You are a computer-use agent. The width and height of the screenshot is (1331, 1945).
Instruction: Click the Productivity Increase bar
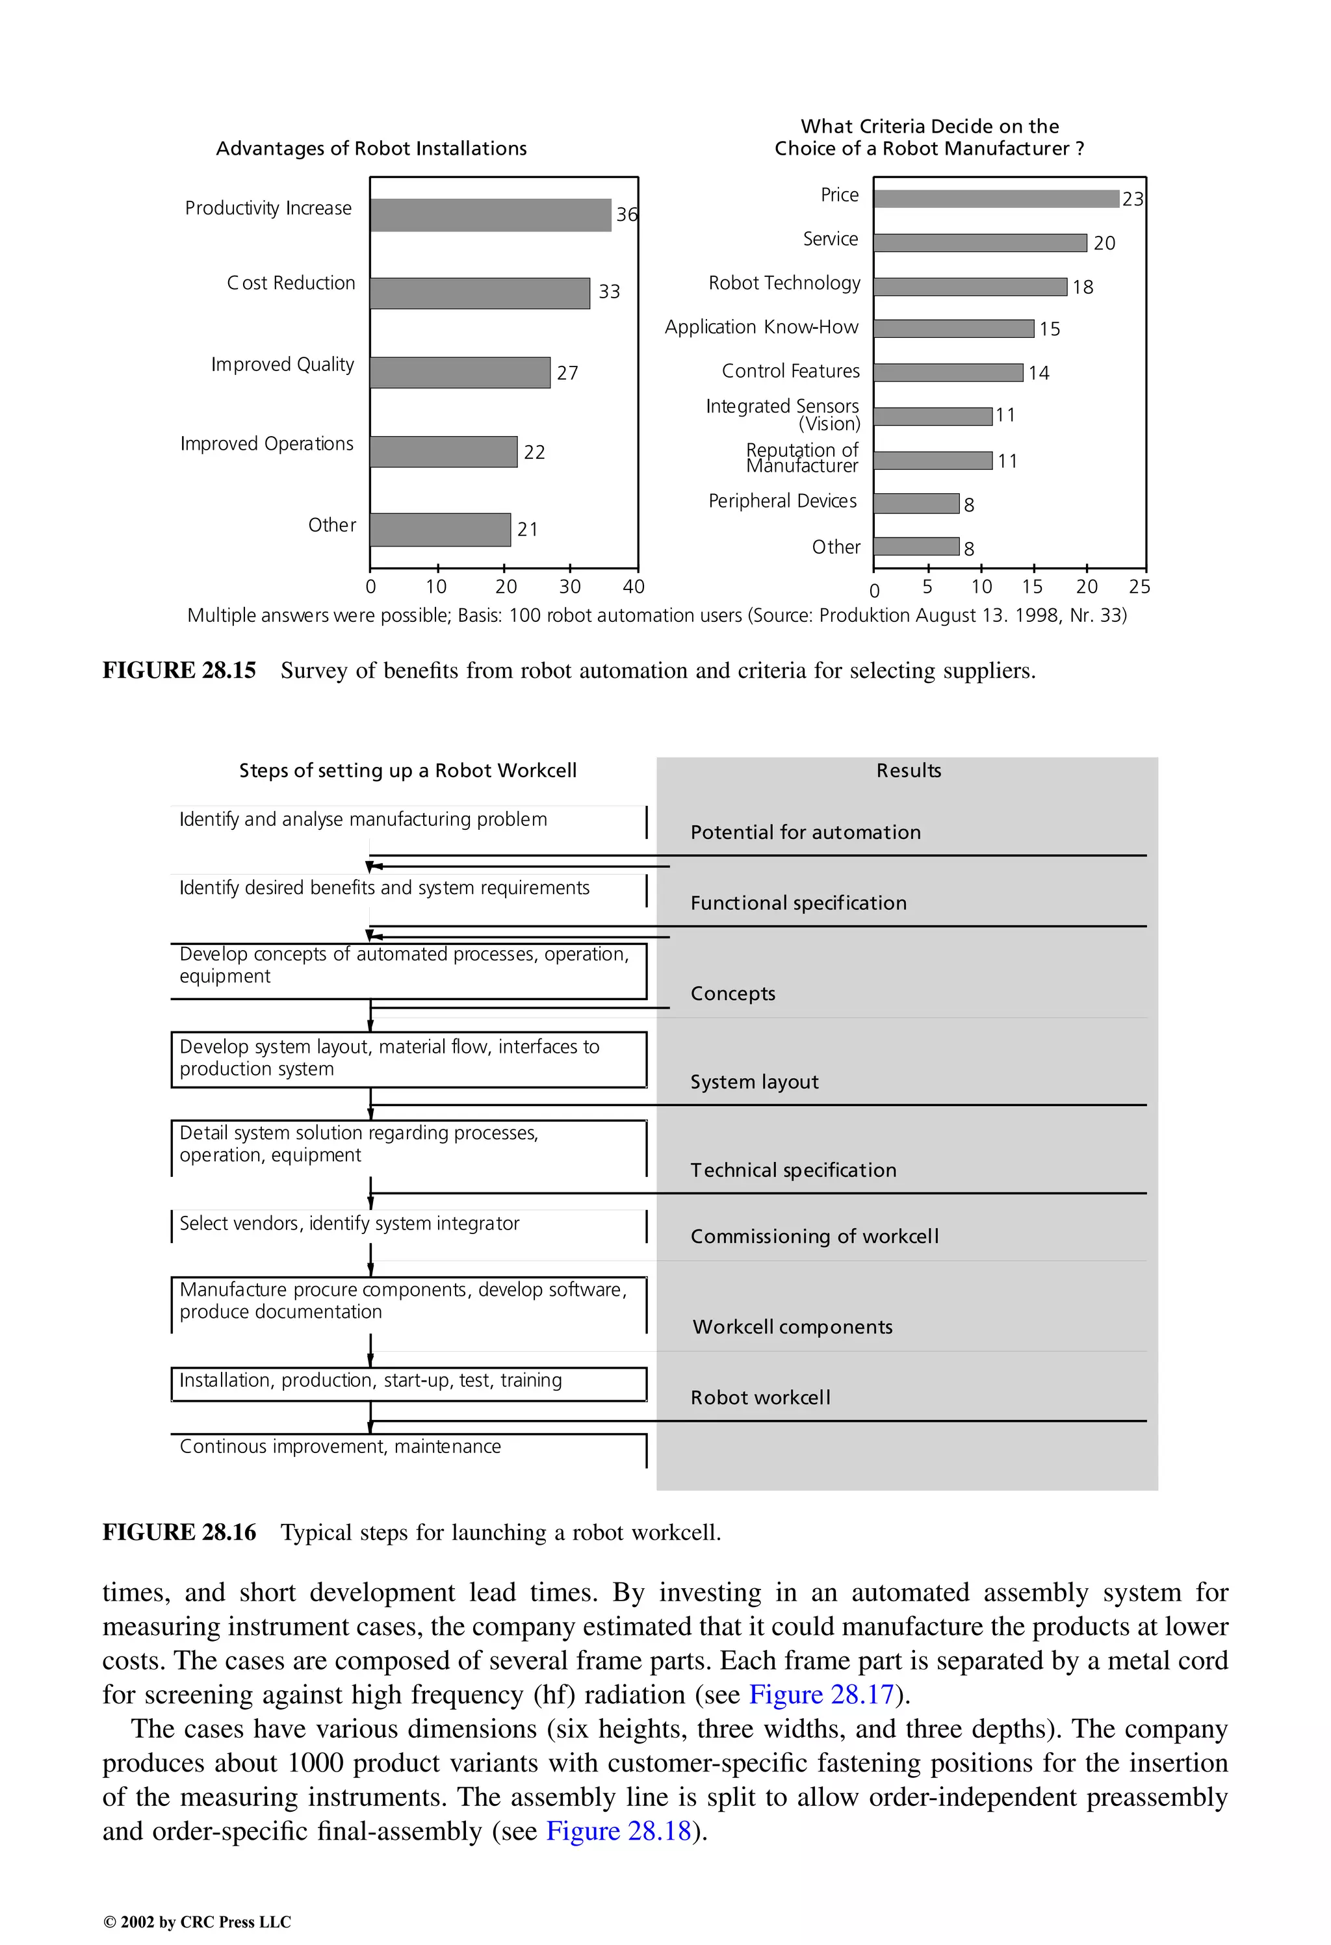coord(491,215)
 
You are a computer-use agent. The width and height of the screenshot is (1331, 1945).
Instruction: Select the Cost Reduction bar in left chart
coord(480,294)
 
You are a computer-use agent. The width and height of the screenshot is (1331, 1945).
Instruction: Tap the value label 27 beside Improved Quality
coord(567,373)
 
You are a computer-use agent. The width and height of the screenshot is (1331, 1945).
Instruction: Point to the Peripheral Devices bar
coord(916,504)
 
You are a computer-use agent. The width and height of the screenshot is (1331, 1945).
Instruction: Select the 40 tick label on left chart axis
coord(634,587)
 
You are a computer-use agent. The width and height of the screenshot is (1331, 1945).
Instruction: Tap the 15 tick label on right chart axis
coord(1032,587)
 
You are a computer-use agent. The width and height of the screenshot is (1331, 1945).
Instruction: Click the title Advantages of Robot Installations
coord(371,149)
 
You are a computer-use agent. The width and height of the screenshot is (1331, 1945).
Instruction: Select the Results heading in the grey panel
coord(909,771)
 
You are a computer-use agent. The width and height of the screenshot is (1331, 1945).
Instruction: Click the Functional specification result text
coord(798,903)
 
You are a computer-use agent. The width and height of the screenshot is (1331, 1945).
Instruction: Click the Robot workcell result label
coord(760,1398)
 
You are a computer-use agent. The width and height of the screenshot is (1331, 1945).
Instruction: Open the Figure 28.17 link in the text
coord(821,1695)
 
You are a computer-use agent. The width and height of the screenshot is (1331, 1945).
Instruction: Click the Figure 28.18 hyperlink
coord(619,1831)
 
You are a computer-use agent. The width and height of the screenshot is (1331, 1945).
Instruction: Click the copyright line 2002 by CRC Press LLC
coord(197,1922)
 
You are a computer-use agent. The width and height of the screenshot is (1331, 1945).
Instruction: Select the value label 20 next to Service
coord(1104,244)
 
